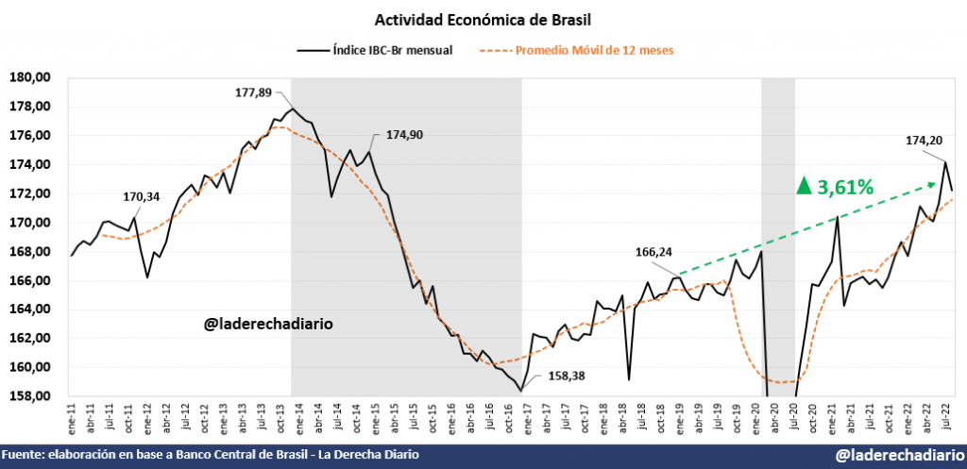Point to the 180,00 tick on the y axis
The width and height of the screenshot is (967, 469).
click(29, 77)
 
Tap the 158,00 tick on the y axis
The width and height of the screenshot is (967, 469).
click(29, 396)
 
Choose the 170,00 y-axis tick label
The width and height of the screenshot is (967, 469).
click(29, 223)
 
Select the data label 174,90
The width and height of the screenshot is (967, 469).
click(403, 135)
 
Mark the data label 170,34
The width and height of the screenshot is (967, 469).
click(142, 197)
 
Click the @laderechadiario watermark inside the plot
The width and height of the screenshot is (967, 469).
click(267, 325)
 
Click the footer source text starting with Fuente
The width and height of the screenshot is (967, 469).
click(211, 456)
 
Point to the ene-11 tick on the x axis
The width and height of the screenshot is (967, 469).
click(72, 413)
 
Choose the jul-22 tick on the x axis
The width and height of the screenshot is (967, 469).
click(944, 413)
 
